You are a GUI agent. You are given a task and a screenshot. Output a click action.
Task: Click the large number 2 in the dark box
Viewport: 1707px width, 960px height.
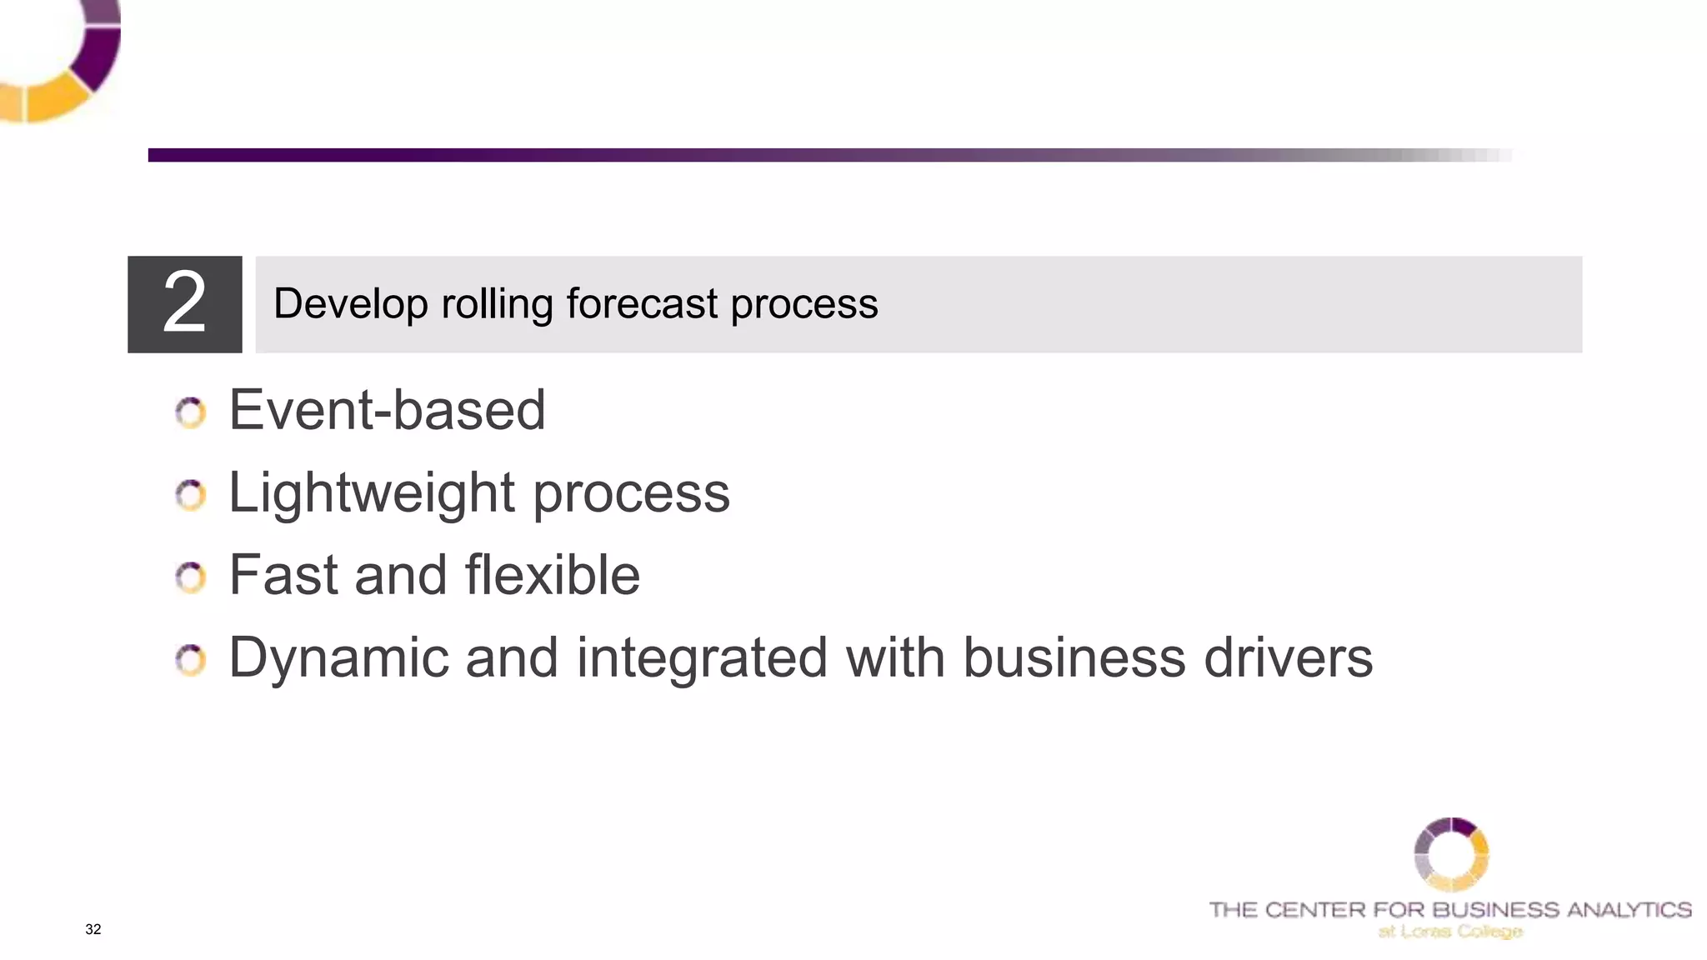click(x=184, y=303)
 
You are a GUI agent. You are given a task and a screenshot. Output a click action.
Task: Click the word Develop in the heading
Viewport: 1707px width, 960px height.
click(x=350, y=303)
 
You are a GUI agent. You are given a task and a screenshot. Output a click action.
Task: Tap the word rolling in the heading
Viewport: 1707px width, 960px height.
click(x=497, y=303)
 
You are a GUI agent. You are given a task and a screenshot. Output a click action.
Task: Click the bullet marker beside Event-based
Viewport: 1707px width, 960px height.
click(x=191, y=412)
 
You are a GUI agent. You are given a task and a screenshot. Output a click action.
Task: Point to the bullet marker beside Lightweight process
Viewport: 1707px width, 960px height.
click(x=191, y=495)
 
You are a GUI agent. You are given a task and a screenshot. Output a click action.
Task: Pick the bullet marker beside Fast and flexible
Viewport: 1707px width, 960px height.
click(x=191, y=577)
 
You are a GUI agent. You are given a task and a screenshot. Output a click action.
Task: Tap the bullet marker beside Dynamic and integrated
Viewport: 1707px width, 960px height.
click(x=191, y=660)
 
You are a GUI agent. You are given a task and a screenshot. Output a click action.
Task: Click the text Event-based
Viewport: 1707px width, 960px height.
click(x=387, y=410)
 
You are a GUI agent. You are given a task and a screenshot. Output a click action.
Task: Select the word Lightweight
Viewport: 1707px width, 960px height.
click(x=372, y=493)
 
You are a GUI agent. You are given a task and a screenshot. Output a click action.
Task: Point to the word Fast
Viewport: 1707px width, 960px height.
click(x=283, y=575)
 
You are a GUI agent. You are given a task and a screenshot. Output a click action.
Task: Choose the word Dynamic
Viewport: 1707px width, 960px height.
click(x=338, y=658)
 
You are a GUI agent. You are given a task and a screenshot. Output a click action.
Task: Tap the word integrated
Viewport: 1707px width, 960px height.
click(x=702, y=658)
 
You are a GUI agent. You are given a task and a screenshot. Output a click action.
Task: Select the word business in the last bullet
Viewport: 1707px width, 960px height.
click(x=1074, y=658)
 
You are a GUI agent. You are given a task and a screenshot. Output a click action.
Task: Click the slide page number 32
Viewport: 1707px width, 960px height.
click(x=93, y=929)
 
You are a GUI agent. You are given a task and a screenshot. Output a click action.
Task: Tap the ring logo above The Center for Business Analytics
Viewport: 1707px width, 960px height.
click(x=1451, y=854)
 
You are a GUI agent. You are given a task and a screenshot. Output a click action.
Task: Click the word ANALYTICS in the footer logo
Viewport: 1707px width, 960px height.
click(x=1629, y=909)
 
